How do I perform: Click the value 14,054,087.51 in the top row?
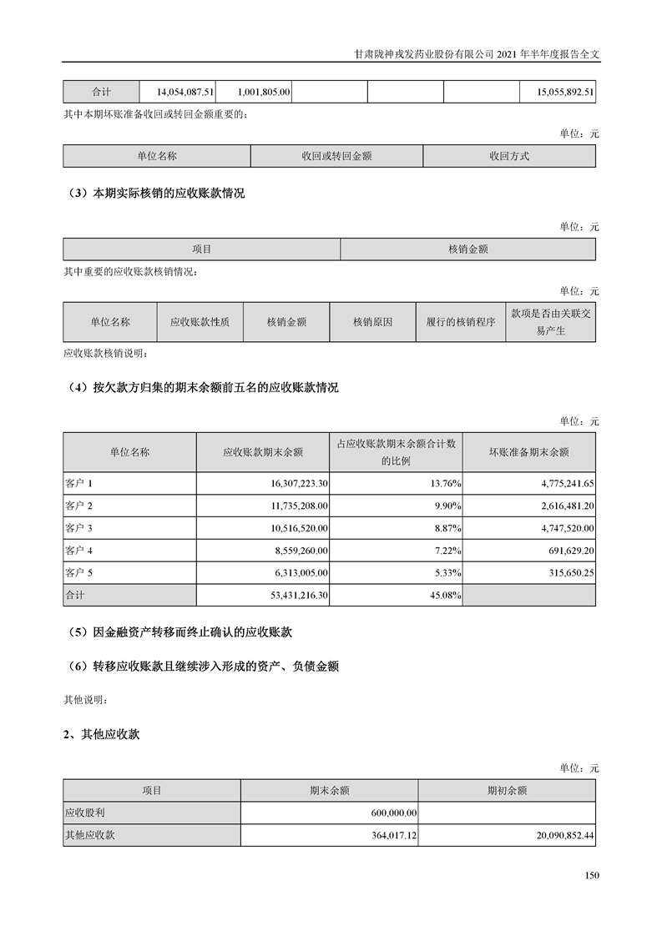[185, 93]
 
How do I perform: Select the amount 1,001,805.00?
[263, 93]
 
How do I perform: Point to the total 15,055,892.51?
[554, 93]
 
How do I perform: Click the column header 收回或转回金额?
[336, 156]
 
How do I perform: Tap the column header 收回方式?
[509, 156]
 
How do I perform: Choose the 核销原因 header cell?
[372, 321]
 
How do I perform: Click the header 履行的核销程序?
[460, 321]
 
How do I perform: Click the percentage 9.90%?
[445, 506]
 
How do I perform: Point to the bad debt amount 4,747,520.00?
[560, 528]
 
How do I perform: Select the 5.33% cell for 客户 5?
[445, 573]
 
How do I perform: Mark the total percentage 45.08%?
[443, 596]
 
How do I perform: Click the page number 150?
[592, 875]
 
